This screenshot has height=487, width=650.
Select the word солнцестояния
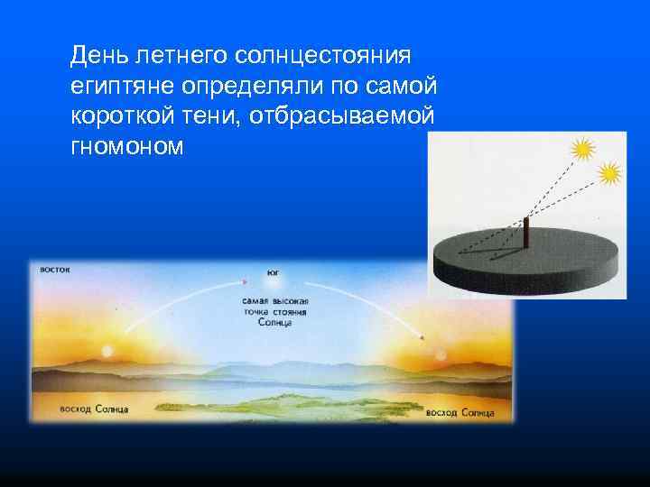pyautogui.click(x=323, y=56)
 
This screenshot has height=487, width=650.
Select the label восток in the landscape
pyautogui.click(x=53, y=268)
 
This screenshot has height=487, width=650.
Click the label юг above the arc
pyautogui.click(x=273, y=272)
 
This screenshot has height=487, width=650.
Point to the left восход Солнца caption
pyautogui.click(x=94, y=409)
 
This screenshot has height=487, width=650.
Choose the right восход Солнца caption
pyautogui.click(x=460, y=412)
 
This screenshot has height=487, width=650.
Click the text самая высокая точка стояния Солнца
pyautogui.click(x=274, y=310)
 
